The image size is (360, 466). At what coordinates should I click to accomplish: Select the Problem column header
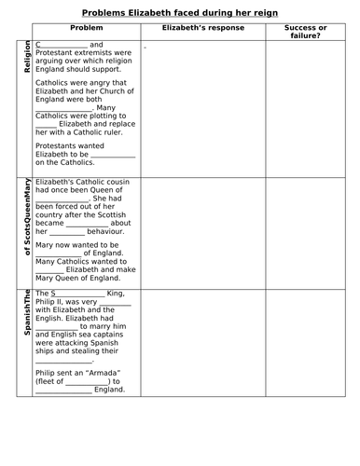[86, 28]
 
